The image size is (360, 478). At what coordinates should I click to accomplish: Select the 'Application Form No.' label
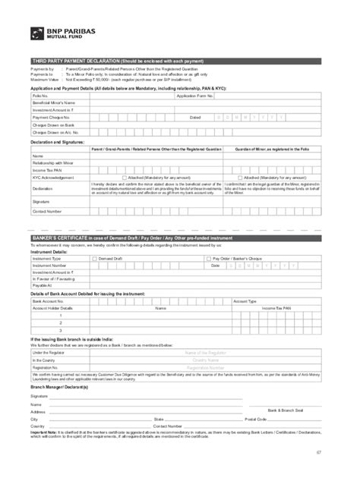(x=191, y=97)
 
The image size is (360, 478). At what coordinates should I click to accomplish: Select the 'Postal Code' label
(x=255, y=419)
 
